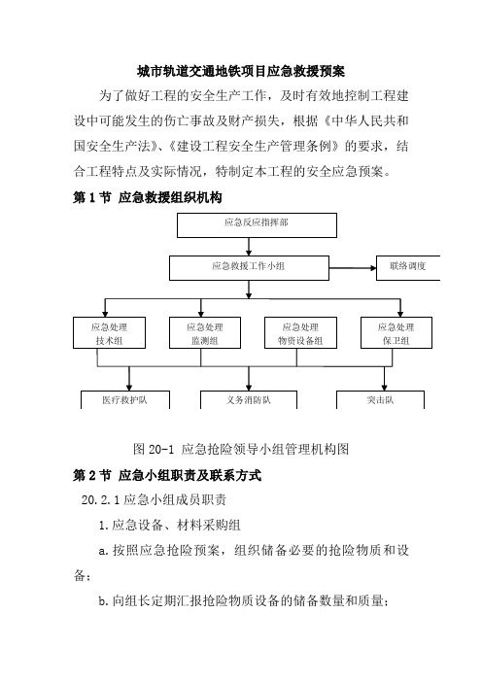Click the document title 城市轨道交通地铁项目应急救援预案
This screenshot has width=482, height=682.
pos(241,71)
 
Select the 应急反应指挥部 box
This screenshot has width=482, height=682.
pos(257,225)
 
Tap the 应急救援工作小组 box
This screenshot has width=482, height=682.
pos(249,268)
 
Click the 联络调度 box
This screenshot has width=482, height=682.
pos(408,268)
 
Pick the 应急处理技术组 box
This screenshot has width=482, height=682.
pos(109,332)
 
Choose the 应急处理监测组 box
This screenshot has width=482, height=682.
pos(205,332)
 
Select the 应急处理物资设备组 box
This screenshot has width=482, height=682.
pos(300,332)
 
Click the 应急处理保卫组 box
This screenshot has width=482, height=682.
pos(396,332)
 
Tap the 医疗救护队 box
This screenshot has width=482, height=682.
pos(124,399)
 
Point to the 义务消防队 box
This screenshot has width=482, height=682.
pos(249,399)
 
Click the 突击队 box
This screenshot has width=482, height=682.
pos(380,399)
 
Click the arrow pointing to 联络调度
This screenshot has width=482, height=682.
pos(353,268)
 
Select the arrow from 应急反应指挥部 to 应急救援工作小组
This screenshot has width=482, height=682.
pos(249,247)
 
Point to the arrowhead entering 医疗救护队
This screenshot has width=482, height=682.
pos(129,387)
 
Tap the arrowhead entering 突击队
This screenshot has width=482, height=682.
pos(384,387)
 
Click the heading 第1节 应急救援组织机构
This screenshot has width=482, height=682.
pos(148,198)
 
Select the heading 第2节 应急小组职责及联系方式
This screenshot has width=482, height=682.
pos(167,475)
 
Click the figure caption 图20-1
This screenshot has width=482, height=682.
pos(154,449)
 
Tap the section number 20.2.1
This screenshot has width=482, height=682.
pos(100,500)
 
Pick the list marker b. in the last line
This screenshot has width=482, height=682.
pos(103,601)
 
